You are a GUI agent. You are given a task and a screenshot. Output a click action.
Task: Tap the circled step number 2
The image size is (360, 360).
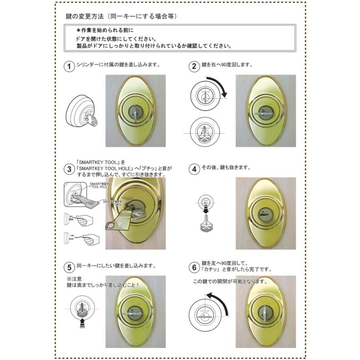[194, 66]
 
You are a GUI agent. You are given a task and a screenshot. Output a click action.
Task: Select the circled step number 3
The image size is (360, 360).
[69, 169]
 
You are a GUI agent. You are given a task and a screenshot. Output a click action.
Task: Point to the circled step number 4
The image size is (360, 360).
[194, 169]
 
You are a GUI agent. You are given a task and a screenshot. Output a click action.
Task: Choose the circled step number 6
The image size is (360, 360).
[194, 267]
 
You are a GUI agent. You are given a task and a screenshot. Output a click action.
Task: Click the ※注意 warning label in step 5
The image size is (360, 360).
[75, 278]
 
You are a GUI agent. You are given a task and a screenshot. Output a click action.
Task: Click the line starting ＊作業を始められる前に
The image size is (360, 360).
[105, 30]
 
